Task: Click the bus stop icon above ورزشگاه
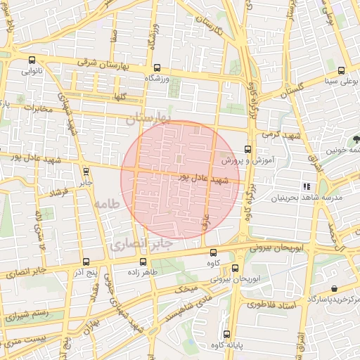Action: pos(156,69)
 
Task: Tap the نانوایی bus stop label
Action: pos(34,71)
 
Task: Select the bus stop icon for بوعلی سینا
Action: pos(342,70)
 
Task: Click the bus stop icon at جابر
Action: pos(85,171)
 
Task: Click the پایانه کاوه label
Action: pos(226,346)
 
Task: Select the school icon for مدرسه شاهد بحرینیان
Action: pos(307,186)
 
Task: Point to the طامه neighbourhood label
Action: pos(105,204)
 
